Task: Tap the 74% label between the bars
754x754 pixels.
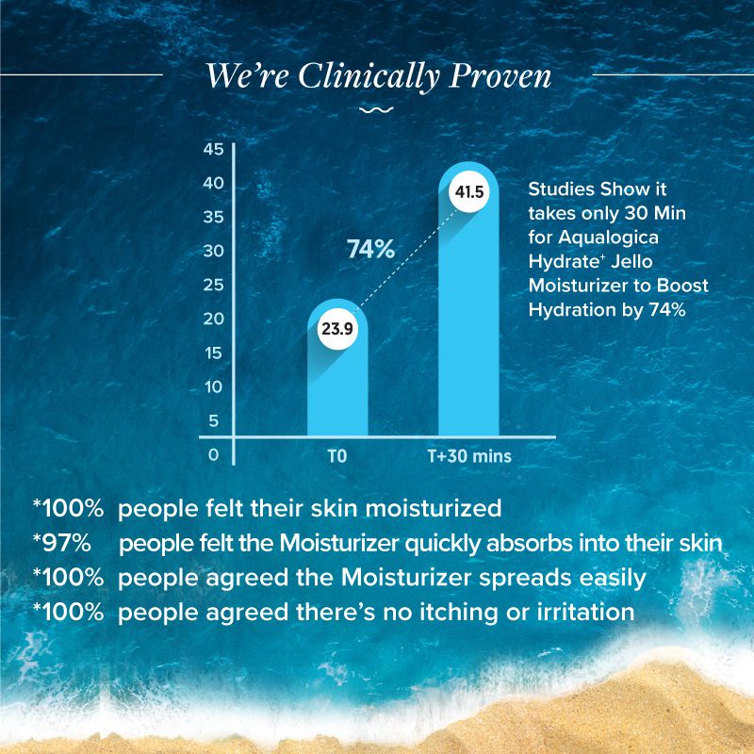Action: coord(370,250)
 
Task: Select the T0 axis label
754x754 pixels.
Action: coord(337,457)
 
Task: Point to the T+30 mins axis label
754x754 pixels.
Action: coord(469,457)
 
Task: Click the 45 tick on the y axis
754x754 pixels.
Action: coord(213,150)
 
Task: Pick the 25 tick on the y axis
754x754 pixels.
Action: coord(213,285)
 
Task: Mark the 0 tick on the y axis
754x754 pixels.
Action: coord(213,454)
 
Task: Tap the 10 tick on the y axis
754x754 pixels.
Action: coord(213,386)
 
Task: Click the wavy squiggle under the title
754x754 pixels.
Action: coord(377,110)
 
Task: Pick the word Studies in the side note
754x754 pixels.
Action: coord(565,189)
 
